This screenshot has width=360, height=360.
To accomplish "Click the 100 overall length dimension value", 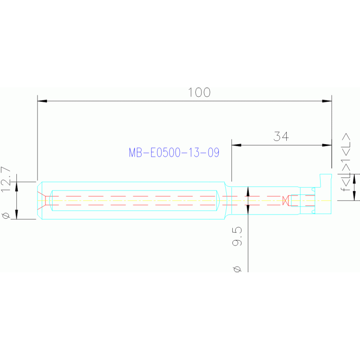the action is [199, 92].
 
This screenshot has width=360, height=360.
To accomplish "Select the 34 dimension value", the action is [281, 137].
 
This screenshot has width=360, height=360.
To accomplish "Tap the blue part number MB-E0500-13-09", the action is [174, 153].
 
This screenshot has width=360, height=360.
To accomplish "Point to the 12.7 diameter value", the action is [6, 180].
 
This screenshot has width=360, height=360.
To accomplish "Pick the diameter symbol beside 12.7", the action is [6, 215].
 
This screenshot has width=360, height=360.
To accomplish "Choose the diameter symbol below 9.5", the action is [237, 269].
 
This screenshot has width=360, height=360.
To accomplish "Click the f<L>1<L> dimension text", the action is [347, 162].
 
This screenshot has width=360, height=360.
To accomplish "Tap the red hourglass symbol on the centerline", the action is [285, 201].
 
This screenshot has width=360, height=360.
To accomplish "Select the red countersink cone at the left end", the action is [43, 200].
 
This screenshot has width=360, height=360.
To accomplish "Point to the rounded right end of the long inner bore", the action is [218, 200].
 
